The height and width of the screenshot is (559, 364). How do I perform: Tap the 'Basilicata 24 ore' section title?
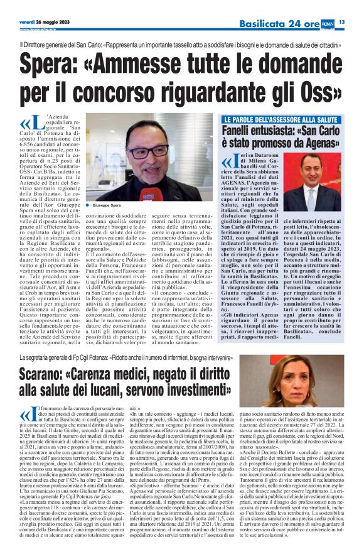tap(282, 23)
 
